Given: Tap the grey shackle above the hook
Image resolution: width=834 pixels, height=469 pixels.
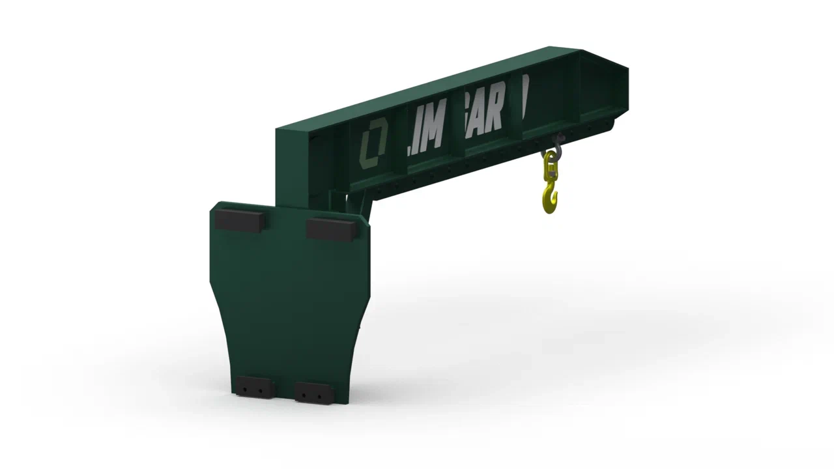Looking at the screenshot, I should click(x=558, y=145).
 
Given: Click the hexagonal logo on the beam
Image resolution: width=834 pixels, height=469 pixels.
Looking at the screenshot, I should click(x=373, y=143).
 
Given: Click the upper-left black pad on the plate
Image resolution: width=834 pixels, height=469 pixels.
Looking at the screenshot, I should click(x=240, y=219).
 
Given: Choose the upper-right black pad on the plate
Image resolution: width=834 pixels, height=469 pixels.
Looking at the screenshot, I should click(x=331, y=228).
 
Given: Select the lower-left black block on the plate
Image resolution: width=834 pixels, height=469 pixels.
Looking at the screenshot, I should click(x=252, y=387).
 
